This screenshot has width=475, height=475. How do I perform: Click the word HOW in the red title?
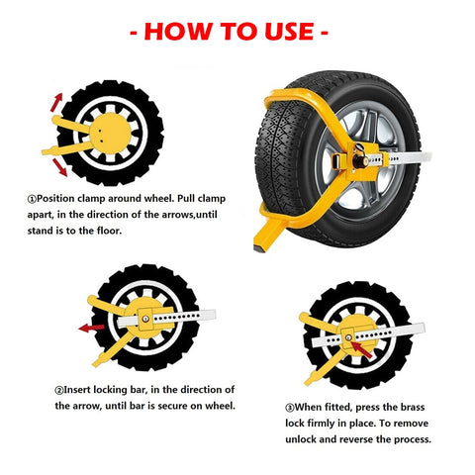click(x=178, y=32)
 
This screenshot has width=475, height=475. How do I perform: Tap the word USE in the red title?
click(x=289, y=32)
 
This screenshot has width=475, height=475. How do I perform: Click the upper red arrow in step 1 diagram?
click(x=56, y=102)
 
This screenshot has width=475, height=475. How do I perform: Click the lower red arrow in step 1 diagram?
click(x=59, y=167)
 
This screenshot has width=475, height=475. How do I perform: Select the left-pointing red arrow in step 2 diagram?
click(x=91, y=328)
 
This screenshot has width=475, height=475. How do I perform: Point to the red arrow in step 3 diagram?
click(x=361, y=350)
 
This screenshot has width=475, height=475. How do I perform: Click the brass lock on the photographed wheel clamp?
click(x=360, y=160)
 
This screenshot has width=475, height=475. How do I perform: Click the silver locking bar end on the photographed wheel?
click(x=422, y=157)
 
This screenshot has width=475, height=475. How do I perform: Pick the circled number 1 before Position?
click(x=32, y=199)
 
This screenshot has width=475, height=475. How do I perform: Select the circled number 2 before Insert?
click(x=59, y=391)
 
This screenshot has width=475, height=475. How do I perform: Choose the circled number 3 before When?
click(x=290, y=408)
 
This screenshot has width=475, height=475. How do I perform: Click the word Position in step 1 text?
click(x=55, y=199)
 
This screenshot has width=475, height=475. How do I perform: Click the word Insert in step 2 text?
click(x=77, y=390)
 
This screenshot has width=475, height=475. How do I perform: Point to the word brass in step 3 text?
click(x=413, y=407)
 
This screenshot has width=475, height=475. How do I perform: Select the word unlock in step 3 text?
click(x=301, y=439)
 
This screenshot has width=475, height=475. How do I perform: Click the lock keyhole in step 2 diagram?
click(x=145, y=319)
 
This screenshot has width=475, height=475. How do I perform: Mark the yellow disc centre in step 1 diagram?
click(x=110, y=134)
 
